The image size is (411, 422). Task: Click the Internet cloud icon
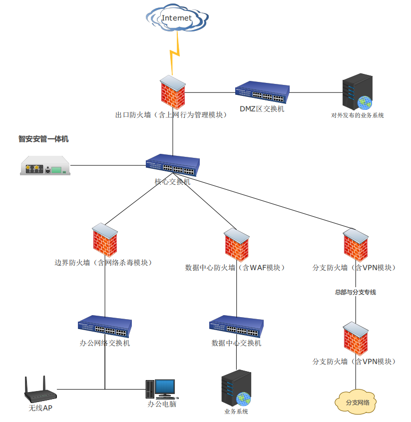point(177,18)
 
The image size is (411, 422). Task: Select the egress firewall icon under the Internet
point(173,92)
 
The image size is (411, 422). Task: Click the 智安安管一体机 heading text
point(43,139)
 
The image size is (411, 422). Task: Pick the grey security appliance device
point(45,165)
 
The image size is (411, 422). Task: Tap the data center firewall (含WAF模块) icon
point(236,245)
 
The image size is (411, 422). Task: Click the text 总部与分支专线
point(355,292)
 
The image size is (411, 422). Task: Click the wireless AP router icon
point(40,391)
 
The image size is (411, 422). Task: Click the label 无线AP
point(40,409)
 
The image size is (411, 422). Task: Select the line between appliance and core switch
point(107,165)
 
